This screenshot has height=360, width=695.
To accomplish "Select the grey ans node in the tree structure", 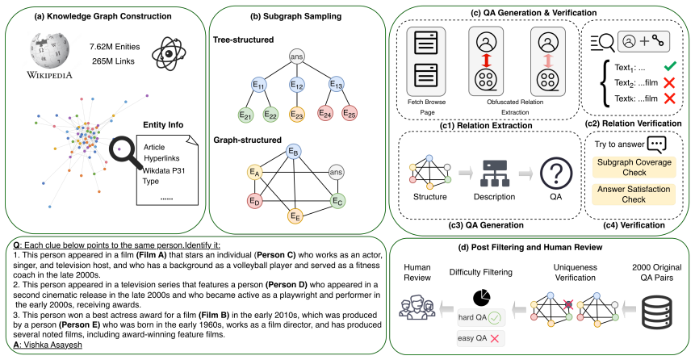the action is pos(296,57).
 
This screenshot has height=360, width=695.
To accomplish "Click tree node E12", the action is pos(296,84).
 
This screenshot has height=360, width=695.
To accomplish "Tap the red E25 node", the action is pos(350,113).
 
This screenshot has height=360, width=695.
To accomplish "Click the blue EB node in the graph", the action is pos(294,152).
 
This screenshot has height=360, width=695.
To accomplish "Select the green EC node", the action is pos(338,201).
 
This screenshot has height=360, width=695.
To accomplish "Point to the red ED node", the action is pos(254,201).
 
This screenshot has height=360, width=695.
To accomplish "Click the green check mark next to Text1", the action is pos(669,66).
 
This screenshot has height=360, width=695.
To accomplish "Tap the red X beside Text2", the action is pos(669,82).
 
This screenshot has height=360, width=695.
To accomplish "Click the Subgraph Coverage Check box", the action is pos(634,167).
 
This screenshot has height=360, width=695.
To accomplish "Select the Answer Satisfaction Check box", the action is pos(634,195).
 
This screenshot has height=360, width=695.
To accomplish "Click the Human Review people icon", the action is pos(417,307).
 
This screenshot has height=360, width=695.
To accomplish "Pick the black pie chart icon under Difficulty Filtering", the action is pos(482,297).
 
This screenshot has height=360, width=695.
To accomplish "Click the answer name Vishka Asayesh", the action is pos(52,344).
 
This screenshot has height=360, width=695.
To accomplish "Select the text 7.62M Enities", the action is pos(115,47).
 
